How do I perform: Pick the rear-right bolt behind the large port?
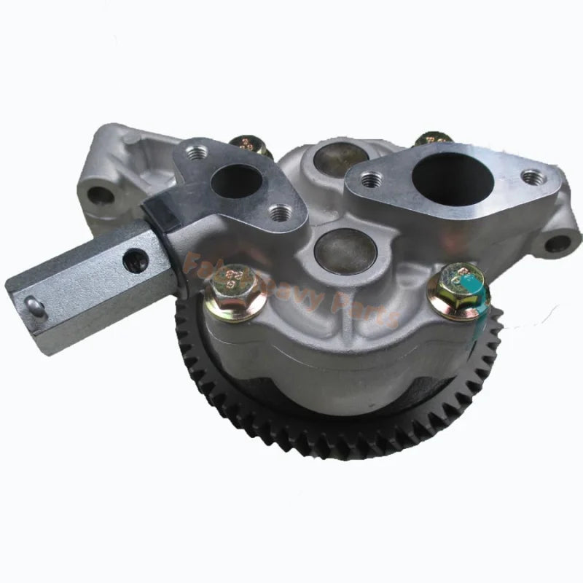(432, 140)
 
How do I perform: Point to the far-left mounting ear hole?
(101, 195)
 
